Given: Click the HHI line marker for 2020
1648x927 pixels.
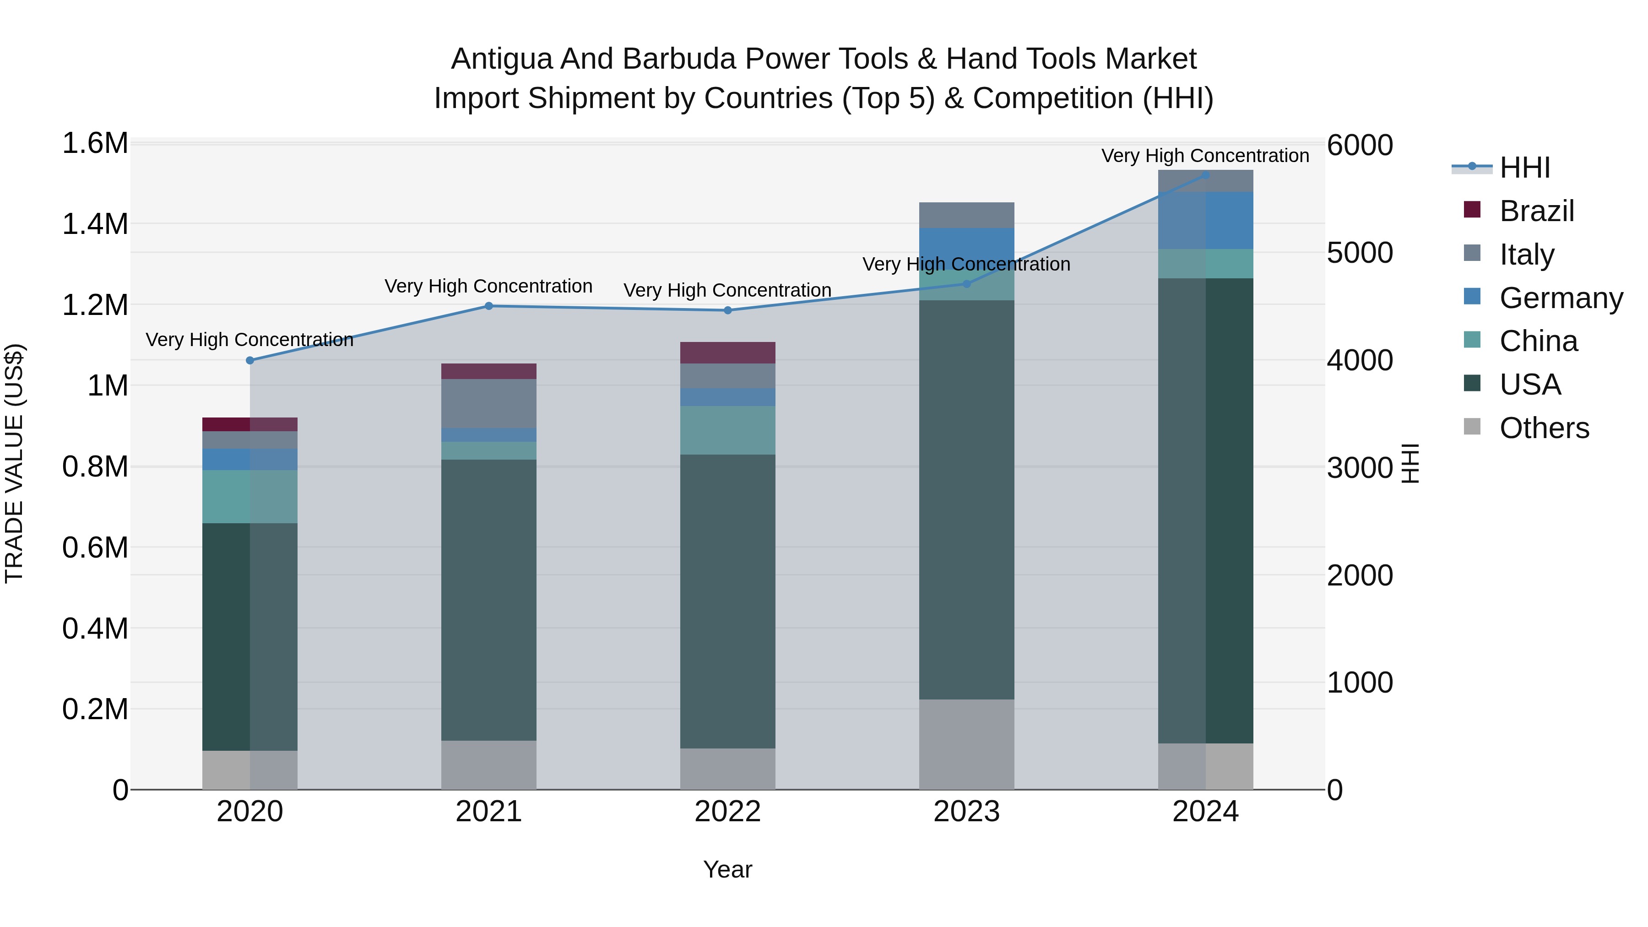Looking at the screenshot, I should (x=249, y=360).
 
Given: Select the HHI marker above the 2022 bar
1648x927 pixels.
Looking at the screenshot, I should (x=727, y=310).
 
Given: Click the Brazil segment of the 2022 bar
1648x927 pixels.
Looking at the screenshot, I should (x=727, y=352).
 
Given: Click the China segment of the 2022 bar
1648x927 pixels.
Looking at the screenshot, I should (x=727, y=430).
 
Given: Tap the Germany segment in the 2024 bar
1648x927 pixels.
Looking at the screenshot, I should (x=1205, y=220).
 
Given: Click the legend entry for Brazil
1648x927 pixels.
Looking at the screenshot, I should (x=1536, y=211).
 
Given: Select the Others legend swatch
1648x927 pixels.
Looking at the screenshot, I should (x=1472, y=427).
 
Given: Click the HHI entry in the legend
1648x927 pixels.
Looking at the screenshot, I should (x=1524, y=168).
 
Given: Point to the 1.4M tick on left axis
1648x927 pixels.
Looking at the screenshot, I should (x=95, y=224).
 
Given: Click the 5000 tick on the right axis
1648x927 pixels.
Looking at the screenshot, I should (x=1360, y=253).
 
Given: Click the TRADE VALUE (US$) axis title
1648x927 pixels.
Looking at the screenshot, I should (x=14, y=463).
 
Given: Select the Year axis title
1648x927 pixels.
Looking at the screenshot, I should (x=727, y=869).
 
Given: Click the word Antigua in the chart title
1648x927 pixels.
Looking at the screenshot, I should (x=501, y=59).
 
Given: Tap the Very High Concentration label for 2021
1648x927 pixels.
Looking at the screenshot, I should (x=489, y=286).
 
